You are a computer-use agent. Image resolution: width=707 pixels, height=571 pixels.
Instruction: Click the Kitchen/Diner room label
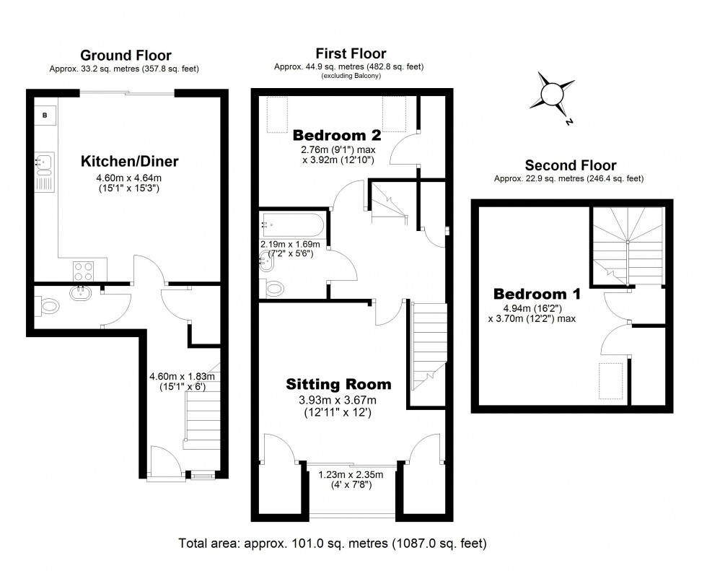[129, 161]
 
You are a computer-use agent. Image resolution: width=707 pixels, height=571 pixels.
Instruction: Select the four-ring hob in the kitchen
[83, 271]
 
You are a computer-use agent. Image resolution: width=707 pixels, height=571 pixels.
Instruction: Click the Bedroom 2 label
[337, 135]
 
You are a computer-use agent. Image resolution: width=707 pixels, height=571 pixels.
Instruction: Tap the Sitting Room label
[338, 384]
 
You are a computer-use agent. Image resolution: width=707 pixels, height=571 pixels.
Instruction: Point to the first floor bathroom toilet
[274, 289]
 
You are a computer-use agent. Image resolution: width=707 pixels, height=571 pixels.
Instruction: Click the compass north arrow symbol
[553, 95]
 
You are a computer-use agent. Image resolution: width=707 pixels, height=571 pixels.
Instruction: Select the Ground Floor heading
[126, 56]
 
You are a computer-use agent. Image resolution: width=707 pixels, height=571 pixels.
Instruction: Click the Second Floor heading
[570, 165]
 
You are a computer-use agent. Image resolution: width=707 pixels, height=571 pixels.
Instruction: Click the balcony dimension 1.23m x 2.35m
[351, 475]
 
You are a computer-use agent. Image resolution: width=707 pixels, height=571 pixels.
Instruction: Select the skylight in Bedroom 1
[609, 380]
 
